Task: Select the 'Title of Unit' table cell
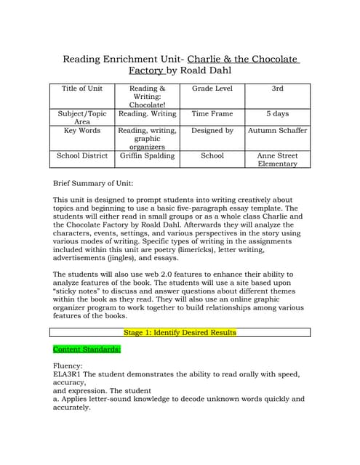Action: point(82,89)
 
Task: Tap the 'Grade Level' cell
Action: point(212,89)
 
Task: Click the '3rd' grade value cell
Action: point(277,89)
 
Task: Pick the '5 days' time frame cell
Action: point(277,114)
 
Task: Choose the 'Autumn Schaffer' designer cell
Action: point(277,131)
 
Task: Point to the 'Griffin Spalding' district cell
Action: point(147,155)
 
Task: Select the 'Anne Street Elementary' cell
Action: point(277,160)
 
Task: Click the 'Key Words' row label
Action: point(82,131)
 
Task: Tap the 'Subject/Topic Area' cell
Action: point(82,118)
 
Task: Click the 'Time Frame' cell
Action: point(212,114)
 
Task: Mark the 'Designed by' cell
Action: point(212,131)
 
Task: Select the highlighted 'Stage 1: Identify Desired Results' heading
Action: point(180,333)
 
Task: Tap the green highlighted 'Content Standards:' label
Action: point(87,349)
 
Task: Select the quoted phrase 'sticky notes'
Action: point(78,299)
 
